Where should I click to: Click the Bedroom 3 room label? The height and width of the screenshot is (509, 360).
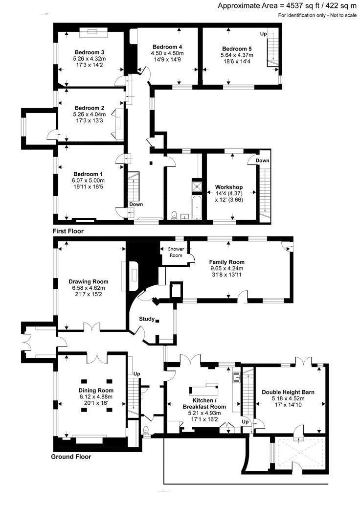[x=89, y=52]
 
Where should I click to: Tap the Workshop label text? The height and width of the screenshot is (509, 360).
[x=229, y=187]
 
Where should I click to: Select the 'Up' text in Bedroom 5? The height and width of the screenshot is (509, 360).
[x=263, y=34]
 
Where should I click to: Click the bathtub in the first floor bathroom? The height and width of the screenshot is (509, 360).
[x=197, y=207]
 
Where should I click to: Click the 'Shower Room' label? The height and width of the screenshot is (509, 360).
[x=176, y=252]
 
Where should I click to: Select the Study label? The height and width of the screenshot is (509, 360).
[x=147, y=319]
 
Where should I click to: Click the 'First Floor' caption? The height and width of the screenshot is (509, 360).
[x=68, y=231]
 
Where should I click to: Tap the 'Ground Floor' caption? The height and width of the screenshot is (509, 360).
[x=71, y=457]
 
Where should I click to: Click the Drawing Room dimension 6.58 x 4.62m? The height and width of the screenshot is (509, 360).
[x=89, y=288]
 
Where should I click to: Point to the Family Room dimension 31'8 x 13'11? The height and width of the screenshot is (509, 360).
[x=226, y=275]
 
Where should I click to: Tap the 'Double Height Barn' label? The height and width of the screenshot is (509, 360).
[x=288, y=392]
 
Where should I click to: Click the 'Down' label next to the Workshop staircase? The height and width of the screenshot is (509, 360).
[x=262, y=161]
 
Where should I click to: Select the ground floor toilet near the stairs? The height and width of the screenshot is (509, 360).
[x=146, y=430]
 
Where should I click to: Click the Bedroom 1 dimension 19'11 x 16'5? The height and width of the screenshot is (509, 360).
[x=88, y=186]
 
